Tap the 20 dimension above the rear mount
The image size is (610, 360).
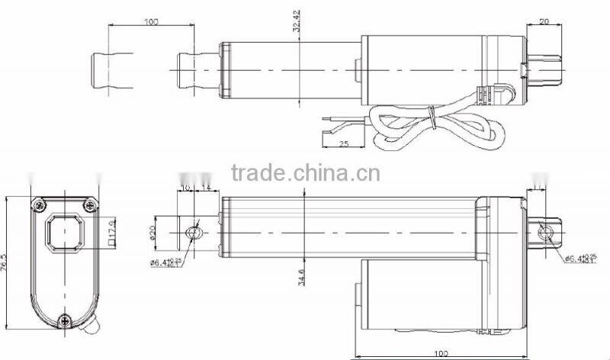tap(544, 22)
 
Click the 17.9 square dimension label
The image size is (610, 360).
tap(111, 230)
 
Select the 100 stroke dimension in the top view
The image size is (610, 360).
tap(150, 22)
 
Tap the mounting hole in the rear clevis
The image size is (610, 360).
tap(547, 232)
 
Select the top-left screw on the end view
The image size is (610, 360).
tap(37, 204)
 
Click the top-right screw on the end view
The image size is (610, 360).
tap(91, 204)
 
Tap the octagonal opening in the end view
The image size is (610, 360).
tap(64, 232)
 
